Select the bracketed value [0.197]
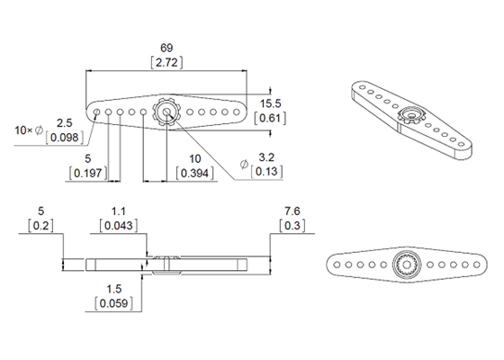pyautogui.click(x=87, y=173)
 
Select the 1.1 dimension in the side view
pyautogui.click(x=117, y=212)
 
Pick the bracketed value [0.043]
pyautogui.click(x=117, y=226)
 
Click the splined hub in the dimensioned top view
pyautogui.click(x=166, y=113)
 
